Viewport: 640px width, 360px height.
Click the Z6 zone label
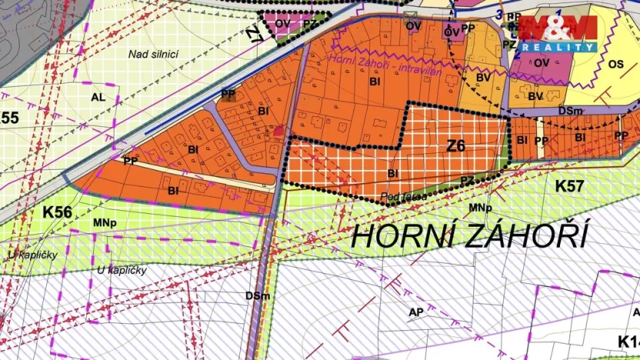pos(456,146)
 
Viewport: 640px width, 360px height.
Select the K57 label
pos(570,185)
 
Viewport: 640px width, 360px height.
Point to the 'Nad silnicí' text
pos(154,53)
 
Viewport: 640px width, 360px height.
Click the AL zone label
pos(98,98)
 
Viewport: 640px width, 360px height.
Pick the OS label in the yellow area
pos(615,65)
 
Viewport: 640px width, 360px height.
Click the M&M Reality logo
pos(558,33)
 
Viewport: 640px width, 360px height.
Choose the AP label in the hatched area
pos(417,312)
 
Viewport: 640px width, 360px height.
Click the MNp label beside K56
pos(105,223)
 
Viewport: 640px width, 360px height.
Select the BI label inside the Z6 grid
pos(393,174)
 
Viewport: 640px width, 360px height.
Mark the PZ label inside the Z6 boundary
pos(468,180)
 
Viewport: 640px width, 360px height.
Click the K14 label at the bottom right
pos(628,340)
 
